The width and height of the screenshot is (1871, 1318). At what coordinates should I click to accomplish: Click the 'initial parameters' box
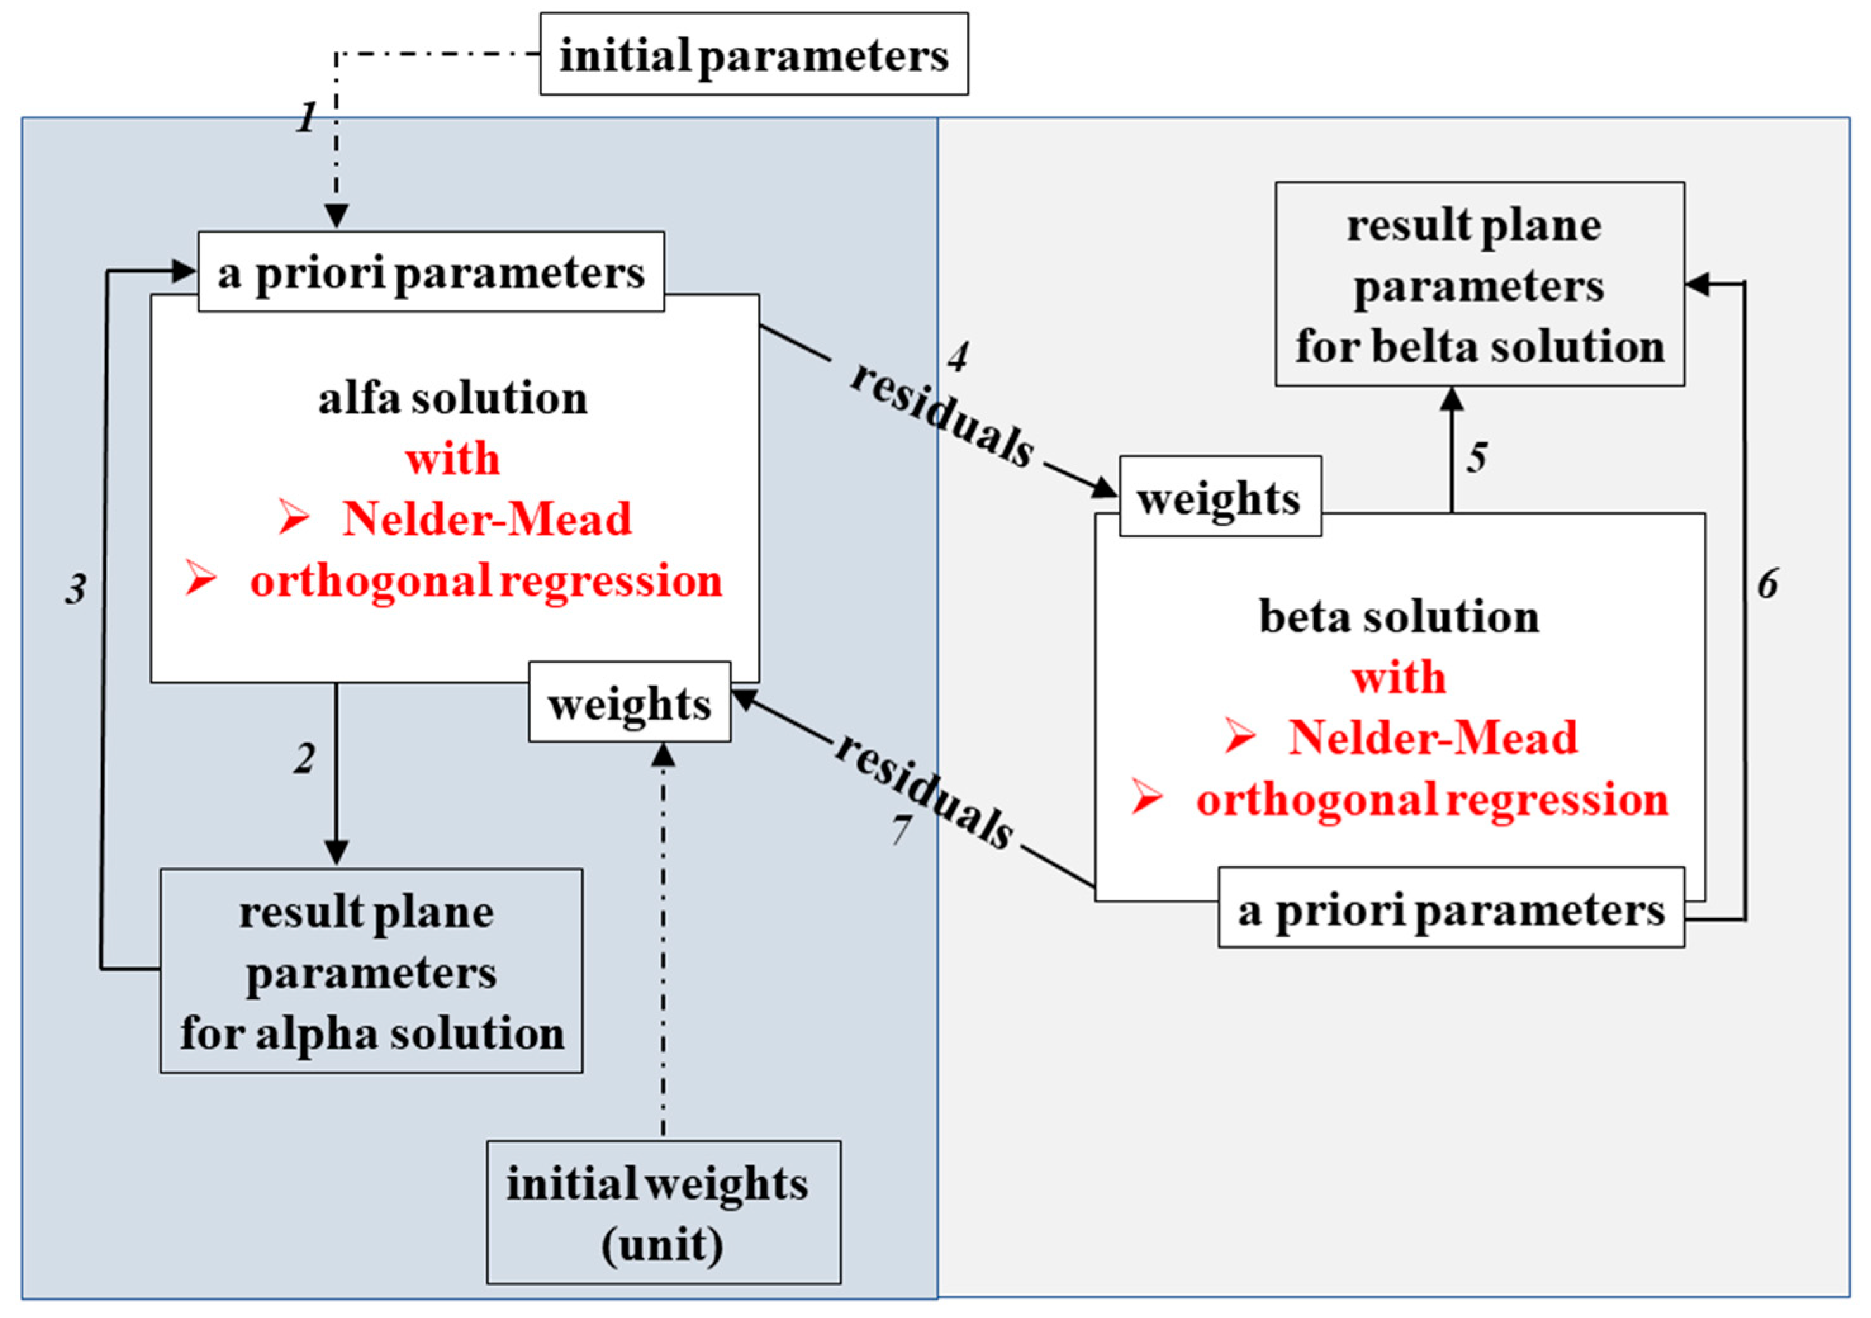click(754, 54)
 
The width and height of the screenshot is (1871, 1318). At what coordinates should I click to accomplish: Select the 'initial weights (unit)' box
click(663, 1212)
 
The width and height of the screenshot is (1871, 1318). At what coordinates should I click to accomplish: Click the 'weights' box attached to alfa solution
click(629, 703)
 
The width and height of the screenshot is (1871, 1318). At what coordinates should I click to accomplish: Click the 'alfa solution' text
click(453, 399)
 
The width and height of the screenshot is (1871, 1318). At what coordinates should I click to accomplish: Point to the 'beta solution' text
click(1399, 617)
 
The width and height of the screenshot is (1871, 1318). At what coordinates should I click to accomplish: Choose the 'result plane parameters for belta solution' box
click(1479, 285)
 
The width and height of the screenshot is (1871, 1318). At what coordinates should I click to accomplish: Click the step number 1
click(307, 119)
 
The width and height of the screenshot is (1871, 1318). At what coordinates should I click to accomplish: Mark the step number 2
click(305, 759)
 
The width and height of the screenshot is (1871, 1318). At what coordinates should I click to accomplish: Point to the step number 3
click(76, 589)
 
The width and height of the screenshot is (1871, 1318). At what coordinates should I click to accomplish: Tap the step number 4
click(958, 356)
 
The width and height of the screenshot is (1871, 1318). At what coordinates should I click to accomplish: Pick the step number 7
click(901, 829)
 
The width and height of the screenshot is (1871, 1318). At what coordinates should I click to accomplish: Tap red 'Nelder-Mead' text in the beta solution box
click(1433, 738)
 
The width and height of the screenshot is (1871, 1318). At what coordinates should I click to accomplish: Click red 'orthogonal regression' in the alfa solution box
click(486, 581)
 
